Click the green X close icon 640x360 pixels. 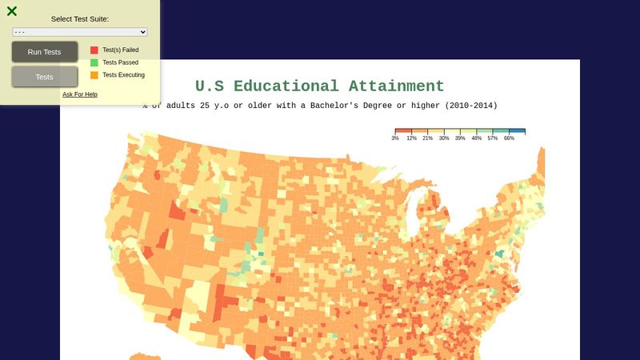12,11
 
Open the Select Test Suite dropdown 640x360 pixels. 80,32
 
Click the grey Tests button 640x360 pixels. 45,77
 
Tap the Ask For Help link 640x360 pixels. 80,94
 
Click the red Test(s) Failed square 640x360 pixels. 94,50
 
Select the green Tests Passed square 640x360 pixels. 94,62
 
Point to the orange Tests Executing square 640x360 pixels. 94,75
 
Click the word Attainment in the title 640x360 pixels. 396,86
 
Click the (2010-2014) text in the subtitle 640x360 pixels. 471,106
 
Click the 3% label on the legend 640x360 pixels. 395,138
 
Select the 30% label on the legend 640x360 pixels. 444,138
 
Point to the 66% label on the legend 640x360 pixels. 509,138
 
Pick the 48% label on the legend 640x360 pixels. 476,138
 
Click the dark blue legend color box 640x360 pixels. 517,130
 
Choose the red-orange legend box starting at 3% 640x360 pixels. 403,130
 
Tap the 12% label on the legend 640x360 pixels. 411,138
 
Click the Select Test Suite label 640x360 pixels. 80,18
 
